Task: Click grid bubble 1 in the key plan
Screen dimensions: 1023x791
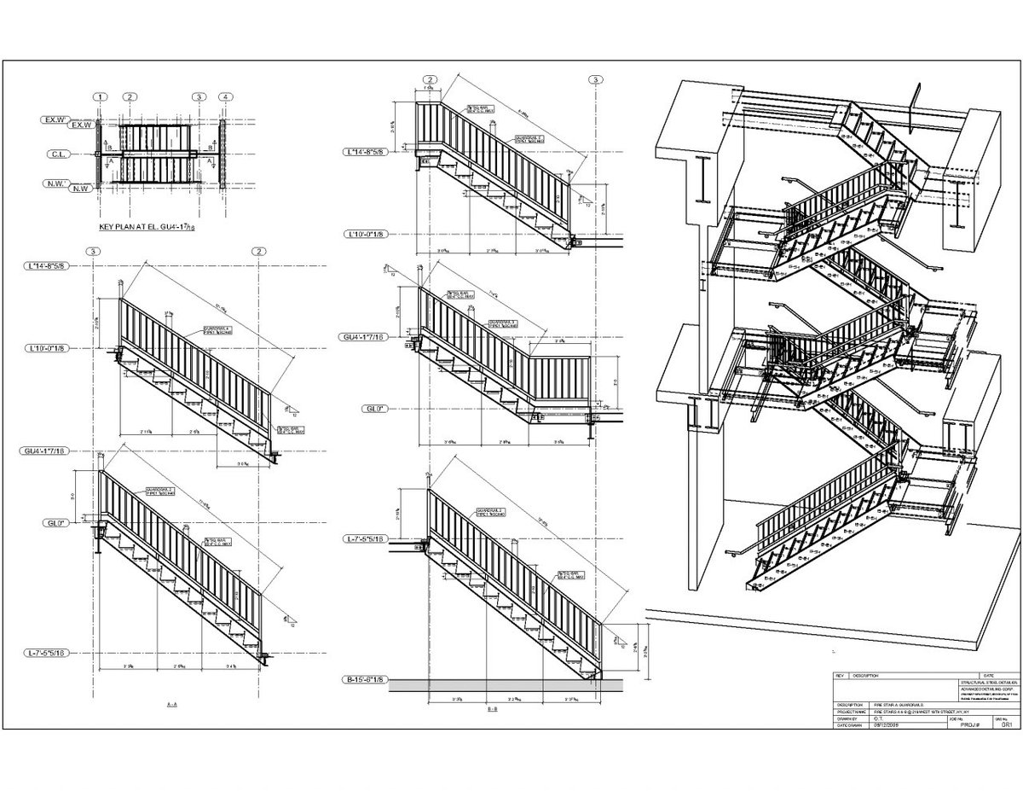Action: [x=101, y=97]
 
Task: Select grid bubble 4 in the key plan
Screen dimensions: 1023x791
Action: [x=224, y=97]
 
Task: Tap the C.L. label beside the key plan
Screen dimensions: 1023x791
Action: [x=57, y=155]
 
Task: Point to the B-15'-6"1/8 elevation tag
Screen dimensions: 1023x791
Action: [x=365, y=680]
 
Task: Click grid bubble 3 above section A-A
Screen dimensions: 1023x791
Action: [x=92, y=251]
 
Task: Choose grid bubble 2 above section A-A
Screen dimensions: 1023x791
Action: [x=258, y=251]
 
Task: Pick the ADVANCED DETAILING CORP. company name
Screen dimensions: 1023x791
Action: [x=986, y=689]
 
